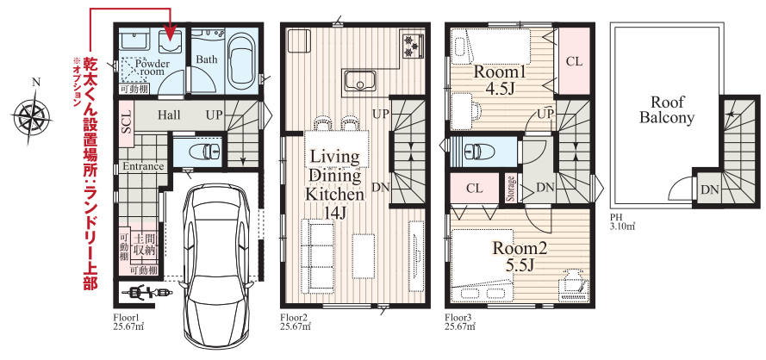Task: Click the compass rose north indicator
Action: tap(35, 83)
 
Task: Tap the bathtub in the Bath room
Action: tap(242, 60)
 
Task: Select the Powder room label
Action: tap(152, 68)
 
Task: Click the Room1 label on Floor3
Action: tap(499, 73)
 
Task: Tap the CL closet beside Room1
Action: tap(574, 61)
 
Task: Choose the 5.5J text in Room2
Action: tap(518, 266)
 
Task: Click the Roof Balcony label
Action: tap(667, 110)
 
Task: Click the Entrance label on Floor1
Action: tap(143, 166)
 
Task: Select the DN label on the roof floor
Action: tap(707, 189)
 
